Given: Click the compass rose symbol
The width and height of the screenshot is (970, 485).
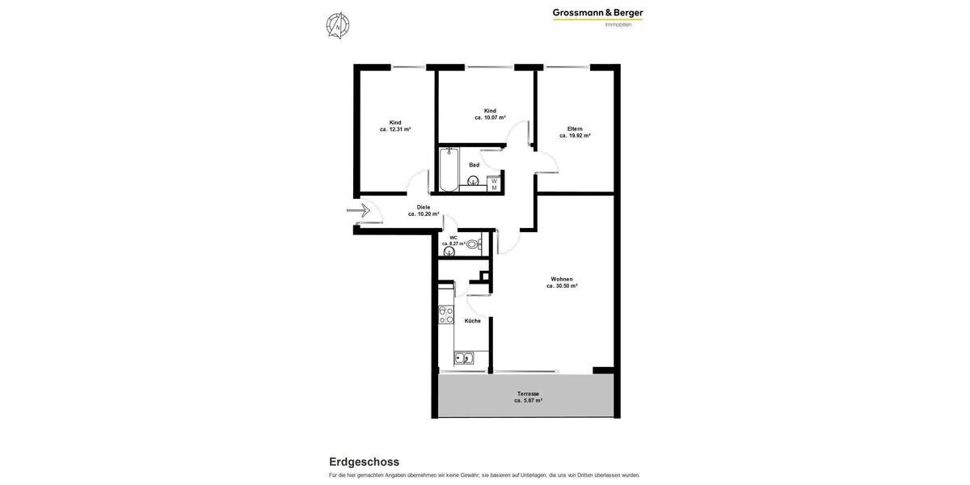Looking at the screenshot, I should click(x=338, y=26).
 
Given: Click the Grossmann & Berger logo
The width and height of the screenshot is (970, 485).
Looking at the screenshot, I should click(x=597, y=16).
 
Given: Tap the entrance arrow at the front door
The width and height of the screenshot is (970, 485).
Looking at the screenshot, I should click(x=359, y=211).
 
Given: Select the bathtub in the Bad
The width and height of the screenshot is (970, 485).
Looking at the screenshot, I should click(x=449, y=169).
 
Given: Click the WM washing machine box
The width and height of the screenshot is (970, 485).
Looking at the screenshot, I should click(x=494, y=184).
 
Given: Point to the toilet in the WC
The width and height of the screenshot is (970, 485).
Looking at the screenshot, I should click(x=473, y=244).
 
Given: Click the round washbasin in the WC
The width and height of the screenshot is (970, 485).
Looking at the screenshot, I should click(x=449, y=252).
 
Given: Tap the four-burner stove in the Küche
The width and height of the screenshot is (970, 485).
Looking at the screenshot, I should click(x=446, y=314).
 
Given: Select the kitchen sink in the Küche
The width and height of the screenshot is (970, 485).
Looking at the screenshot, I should click(x=464, y=358).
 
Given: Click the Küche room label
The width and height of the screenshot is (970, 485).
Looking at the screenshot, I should click(x=472, y=321).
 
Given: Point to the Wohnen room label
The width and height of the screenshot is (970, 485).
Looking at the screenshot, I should click(x=562, y=279).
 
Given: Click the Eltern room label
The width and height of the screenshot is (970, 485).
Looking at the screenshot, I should click(x=575, y=129).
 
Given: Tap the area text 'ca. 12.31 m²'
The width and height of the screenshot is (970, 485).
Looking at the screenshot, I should click(x=395, y=129).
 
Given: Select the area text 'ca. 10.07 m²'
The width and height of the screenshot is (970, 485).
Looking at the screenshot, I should click(x=490, y=117).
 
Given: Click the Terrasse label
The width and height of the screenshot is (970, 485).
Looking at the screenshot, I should click(x=528, y=394).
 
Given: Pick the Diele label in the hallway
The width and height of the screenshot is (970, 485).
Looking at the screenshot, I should click(x=424, y=207).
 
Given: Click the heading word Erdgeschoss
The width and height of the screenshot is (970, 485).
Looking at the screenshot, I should click(x=364, y=462).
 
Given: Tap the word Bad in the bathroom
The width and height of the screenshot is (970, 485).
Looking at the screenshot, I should click(x=474, y=165).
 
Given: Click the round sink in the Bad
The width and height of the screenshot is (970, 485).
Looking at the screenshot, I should click(x=473, y=181).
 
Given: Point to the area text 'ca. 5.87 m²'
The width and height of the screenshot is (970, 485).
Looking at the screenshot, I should click(x=528, y=401).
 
